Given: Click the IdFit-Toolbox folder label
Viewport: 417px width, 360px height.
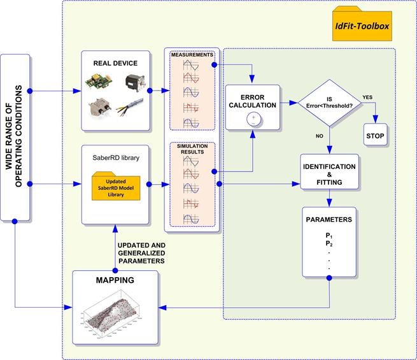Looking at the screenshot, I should coord(364,26).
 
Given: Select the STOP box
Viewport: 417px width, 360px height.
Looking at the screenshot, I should coord(376,136).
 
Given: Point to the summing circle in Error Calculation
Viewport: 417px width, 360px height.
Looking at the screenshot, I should coord(253,119).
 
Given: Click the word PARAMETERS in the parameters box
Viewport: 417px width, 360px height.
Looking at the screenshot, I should coord(329,220).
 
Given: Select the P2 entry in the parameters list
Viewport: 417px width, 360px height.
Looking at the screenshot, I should coord(329,243).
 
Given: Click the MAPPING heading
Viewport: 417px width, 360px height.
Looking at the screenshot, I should coord(113,281).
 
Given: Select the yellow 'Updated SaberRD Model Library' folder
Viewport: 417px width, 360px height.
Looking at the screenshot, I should coord(115,186).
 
